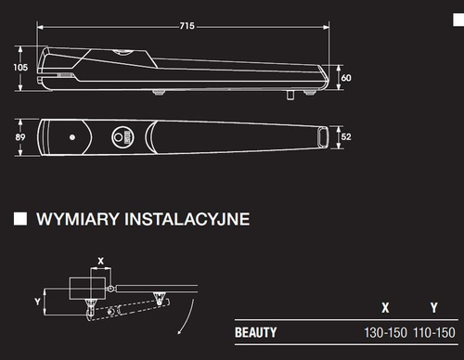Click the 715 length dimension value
point(187,26)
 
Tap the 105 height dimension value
point(20,67)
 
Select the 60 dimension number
point(346,78)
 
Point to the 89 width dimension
point(20,137)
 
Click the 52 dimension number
point(346,136)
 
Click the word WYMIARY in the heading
point(78,219)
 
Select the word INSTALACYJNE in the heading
point(187,219)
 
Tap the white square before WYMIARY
point(20,219)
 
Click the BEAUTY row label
point(256,332)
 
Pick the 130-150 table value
point(385,333)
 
